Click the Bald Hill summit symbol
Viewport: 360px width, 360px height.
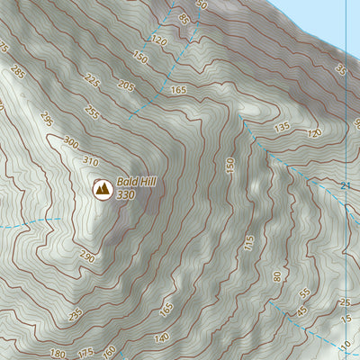click(103, 189)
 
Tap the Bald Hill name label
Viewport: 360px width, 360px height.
click(136, 181)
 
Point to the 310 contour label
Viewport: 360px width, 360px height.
click(88, 161)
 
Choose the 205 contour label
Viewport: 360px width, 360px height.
click(125, 85)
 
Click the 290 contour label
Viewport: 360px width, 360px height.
click(85, 257)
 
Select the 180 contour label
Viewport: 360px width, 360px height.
click(58, 353)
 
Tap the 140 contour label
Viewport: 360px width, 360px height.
click(136, 337)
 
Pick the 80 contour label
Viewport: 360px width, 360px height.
click(276, 275)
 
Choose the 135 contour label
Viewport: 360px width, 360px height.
click(282, 128)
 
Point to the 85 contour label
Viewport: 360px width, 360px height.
click(185, 19)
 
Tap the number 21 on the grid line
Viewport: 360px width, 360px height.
click(345, 185)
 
